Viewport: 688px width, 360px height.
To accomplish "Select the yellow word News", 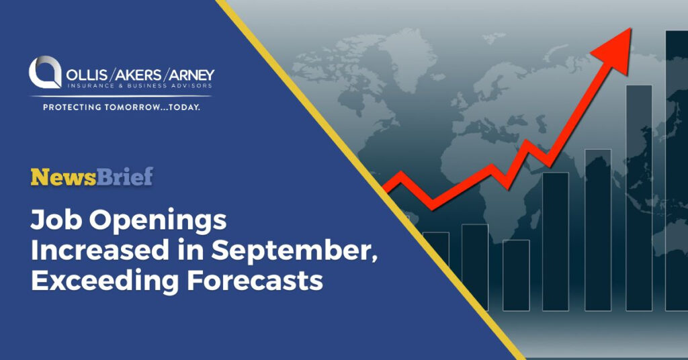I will click(63, 177).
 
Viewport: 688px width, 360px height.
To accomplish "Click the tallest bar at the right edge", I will click(676, 168).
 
